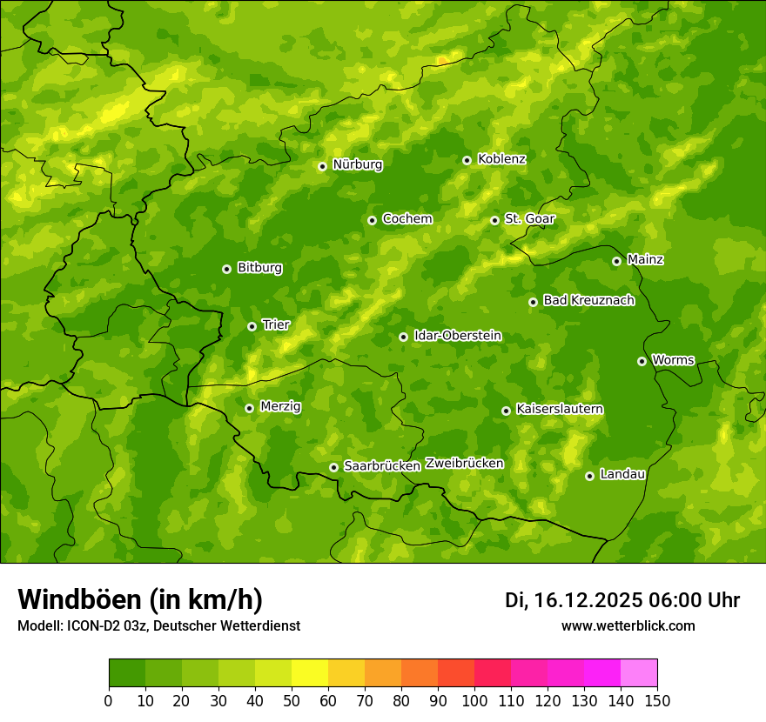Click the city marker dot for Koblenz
coord(467,160)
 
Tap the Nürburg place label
coord(357,164)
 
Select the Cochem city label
coord(407,219)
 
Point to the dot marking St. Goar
coord(494,220)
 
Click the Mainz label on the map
coord(645,260)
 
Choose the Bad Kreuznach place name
coord(588,301)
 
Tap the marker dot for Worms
coord(642,361)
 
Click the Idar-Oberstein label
coord(457,336)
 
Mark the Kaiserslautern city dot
coord(506,411)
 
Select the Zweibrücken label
coord(464,464)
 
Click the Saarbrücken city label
coord(381,466)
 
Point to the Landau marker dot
coord(589,476)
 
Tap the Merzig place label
coord(280,407)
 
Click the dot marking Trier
coord(252,326)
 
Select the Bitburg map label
coord(259,268)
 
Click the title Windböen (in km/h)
coord(139,599)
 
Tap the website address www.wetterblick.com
coord(628,625)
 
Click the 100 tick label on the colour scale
coord(474,700)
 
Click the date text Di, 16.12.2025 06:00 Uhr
coord(622,600)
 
